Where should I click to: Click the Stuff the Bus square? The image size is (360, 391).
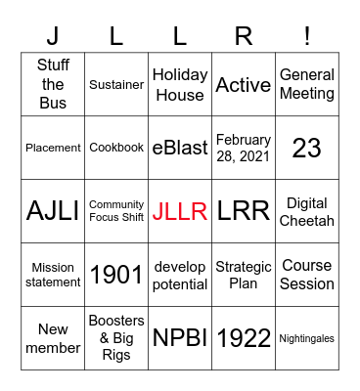click(53, 84)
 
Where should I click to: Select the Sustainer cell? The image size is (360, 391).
click(116, 84)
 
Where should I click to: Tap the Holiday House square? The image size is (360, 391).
click(180, 84)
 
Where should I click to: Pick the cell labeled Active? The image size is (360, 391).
click(244, 84)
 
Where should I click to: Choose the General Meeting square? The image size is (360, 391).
click(307, 84)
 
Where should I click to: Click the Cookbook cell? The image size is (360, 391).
click(116, 148)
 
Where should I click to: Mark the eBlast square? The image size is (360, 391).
click(180, 148)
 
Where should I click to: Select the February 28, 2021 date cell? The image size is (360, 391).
click(244, 148)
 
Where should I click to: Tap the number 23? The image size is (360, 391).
click(307, 148)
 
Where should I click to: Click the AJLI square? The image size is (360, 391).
click(53, 211)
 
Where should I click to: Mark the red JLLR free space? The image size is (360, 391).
click(180, 211)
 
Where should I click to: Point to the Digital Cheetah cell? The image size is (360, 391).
click(307, 211)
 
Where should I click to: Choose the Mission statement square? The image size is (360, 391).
click(53, 275)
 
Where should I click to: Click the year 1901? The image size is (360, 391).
click(116, 275)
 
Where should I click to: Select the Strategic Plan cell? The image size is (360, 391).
click(244, 275)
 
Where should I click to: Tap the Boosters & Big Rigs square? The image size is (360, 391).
click(116, 338)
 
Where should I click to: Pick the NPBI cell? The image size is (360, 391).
click(180, 338)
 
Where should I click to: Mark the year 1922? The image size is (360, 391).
click(244, 338)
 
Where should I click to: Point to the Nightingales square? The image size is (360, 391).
click(307, 338)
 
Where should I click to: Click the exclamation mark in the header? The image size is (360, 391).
click(307, 36)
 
